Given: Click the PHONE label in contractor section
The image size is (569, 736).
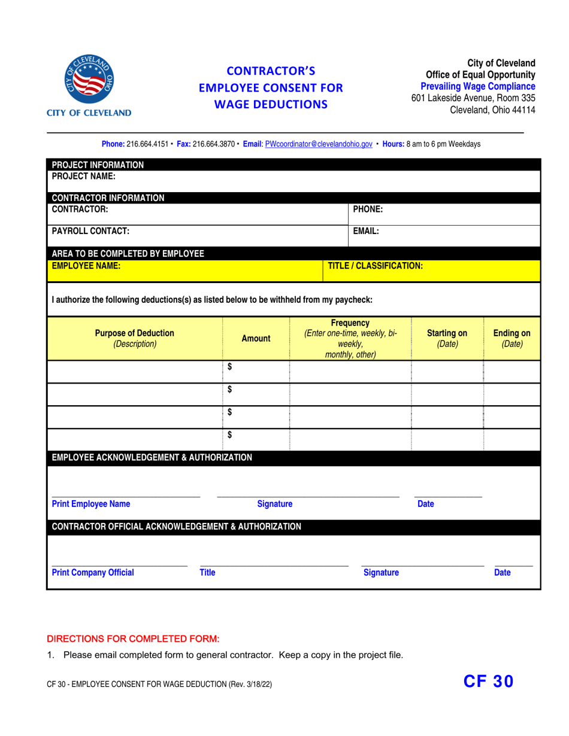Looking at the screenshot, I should (x=368, y=209).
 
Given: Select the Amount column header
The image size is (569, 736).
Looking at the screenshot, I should (x=255, y=339).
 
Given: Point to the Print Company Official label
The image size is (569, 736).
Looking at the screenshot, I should (x=93, y=573).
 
